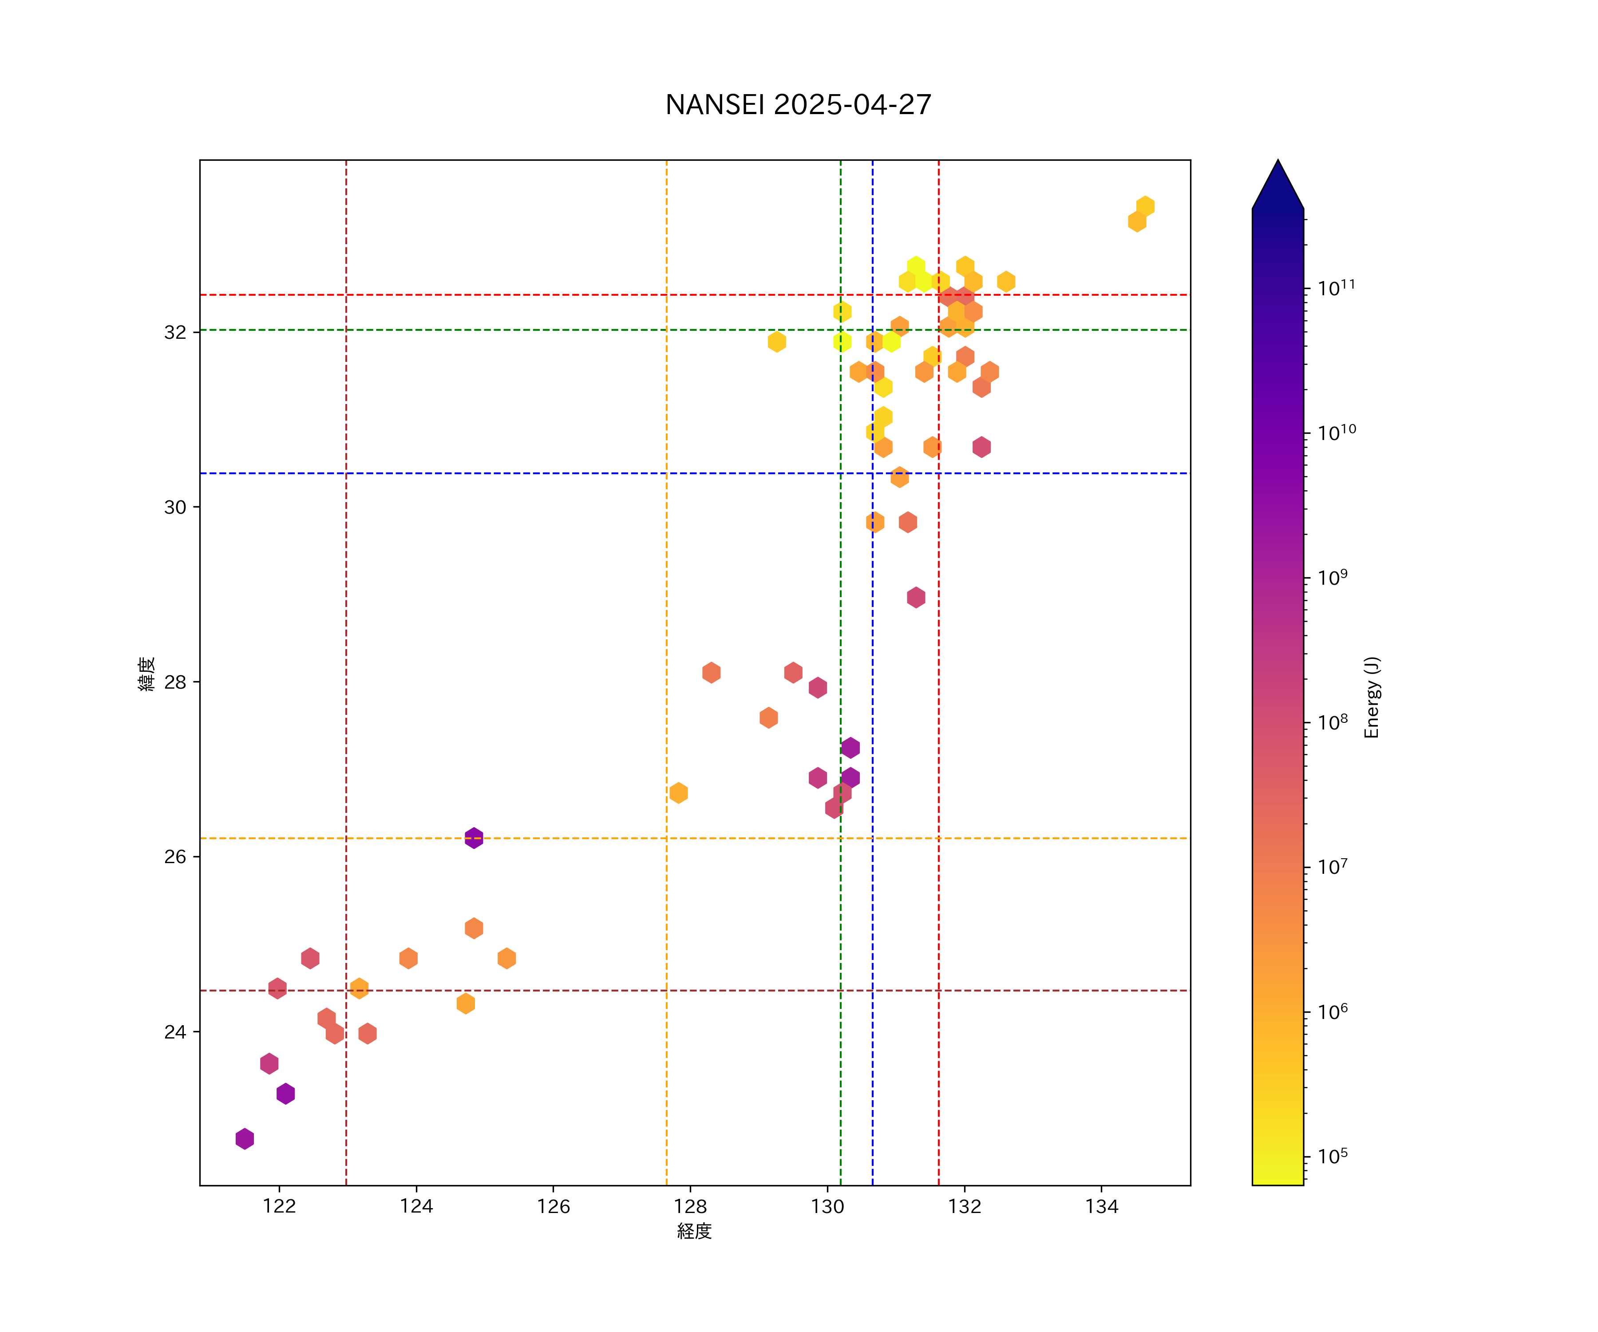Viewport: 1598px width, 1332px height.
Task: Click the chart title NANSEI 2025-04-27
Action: pyautogui.click(x=798, y=104)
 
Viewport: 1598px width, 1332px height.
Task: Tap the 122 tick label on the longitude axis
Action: pyautogui.click(x=279, y=1206)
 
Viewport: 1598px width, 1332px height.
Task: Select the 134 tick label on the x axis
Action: pyautogui.click(x=1101, y=1206)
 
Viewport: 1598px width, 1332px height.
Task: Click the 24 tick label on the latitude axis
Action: pyautogui.click(x=175, y=1032)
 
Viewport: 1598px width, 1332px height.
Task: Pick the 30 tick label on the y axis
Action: pyautogui.click(x=175, y=507)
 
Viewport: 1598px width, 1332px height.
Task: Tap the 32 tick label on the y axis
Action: pyautogui.click(x=175, y=333)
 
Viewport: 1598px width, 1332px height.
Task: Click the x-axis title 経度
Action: pyautogui.click(x=694, y=1232)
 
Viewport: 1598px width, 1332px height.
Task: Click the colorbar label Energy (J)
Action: pyautogui.click(x=1371, y=697)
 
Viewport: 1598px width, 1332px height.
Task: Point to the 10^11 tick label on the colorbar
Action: pyautogui.click(x=1336, y=288)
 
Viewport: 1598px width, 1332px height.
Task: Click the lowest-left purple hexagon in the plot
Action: pyautogui.click(x=244, y=1139)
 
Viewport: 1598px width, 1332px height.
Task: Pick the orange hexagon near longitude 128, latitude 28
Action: pyautogui.click(x=711, y=673)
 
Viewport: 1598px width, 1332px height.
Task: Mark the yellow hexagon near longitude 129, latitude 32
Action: pyautogui.click(x=776, y=342)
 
